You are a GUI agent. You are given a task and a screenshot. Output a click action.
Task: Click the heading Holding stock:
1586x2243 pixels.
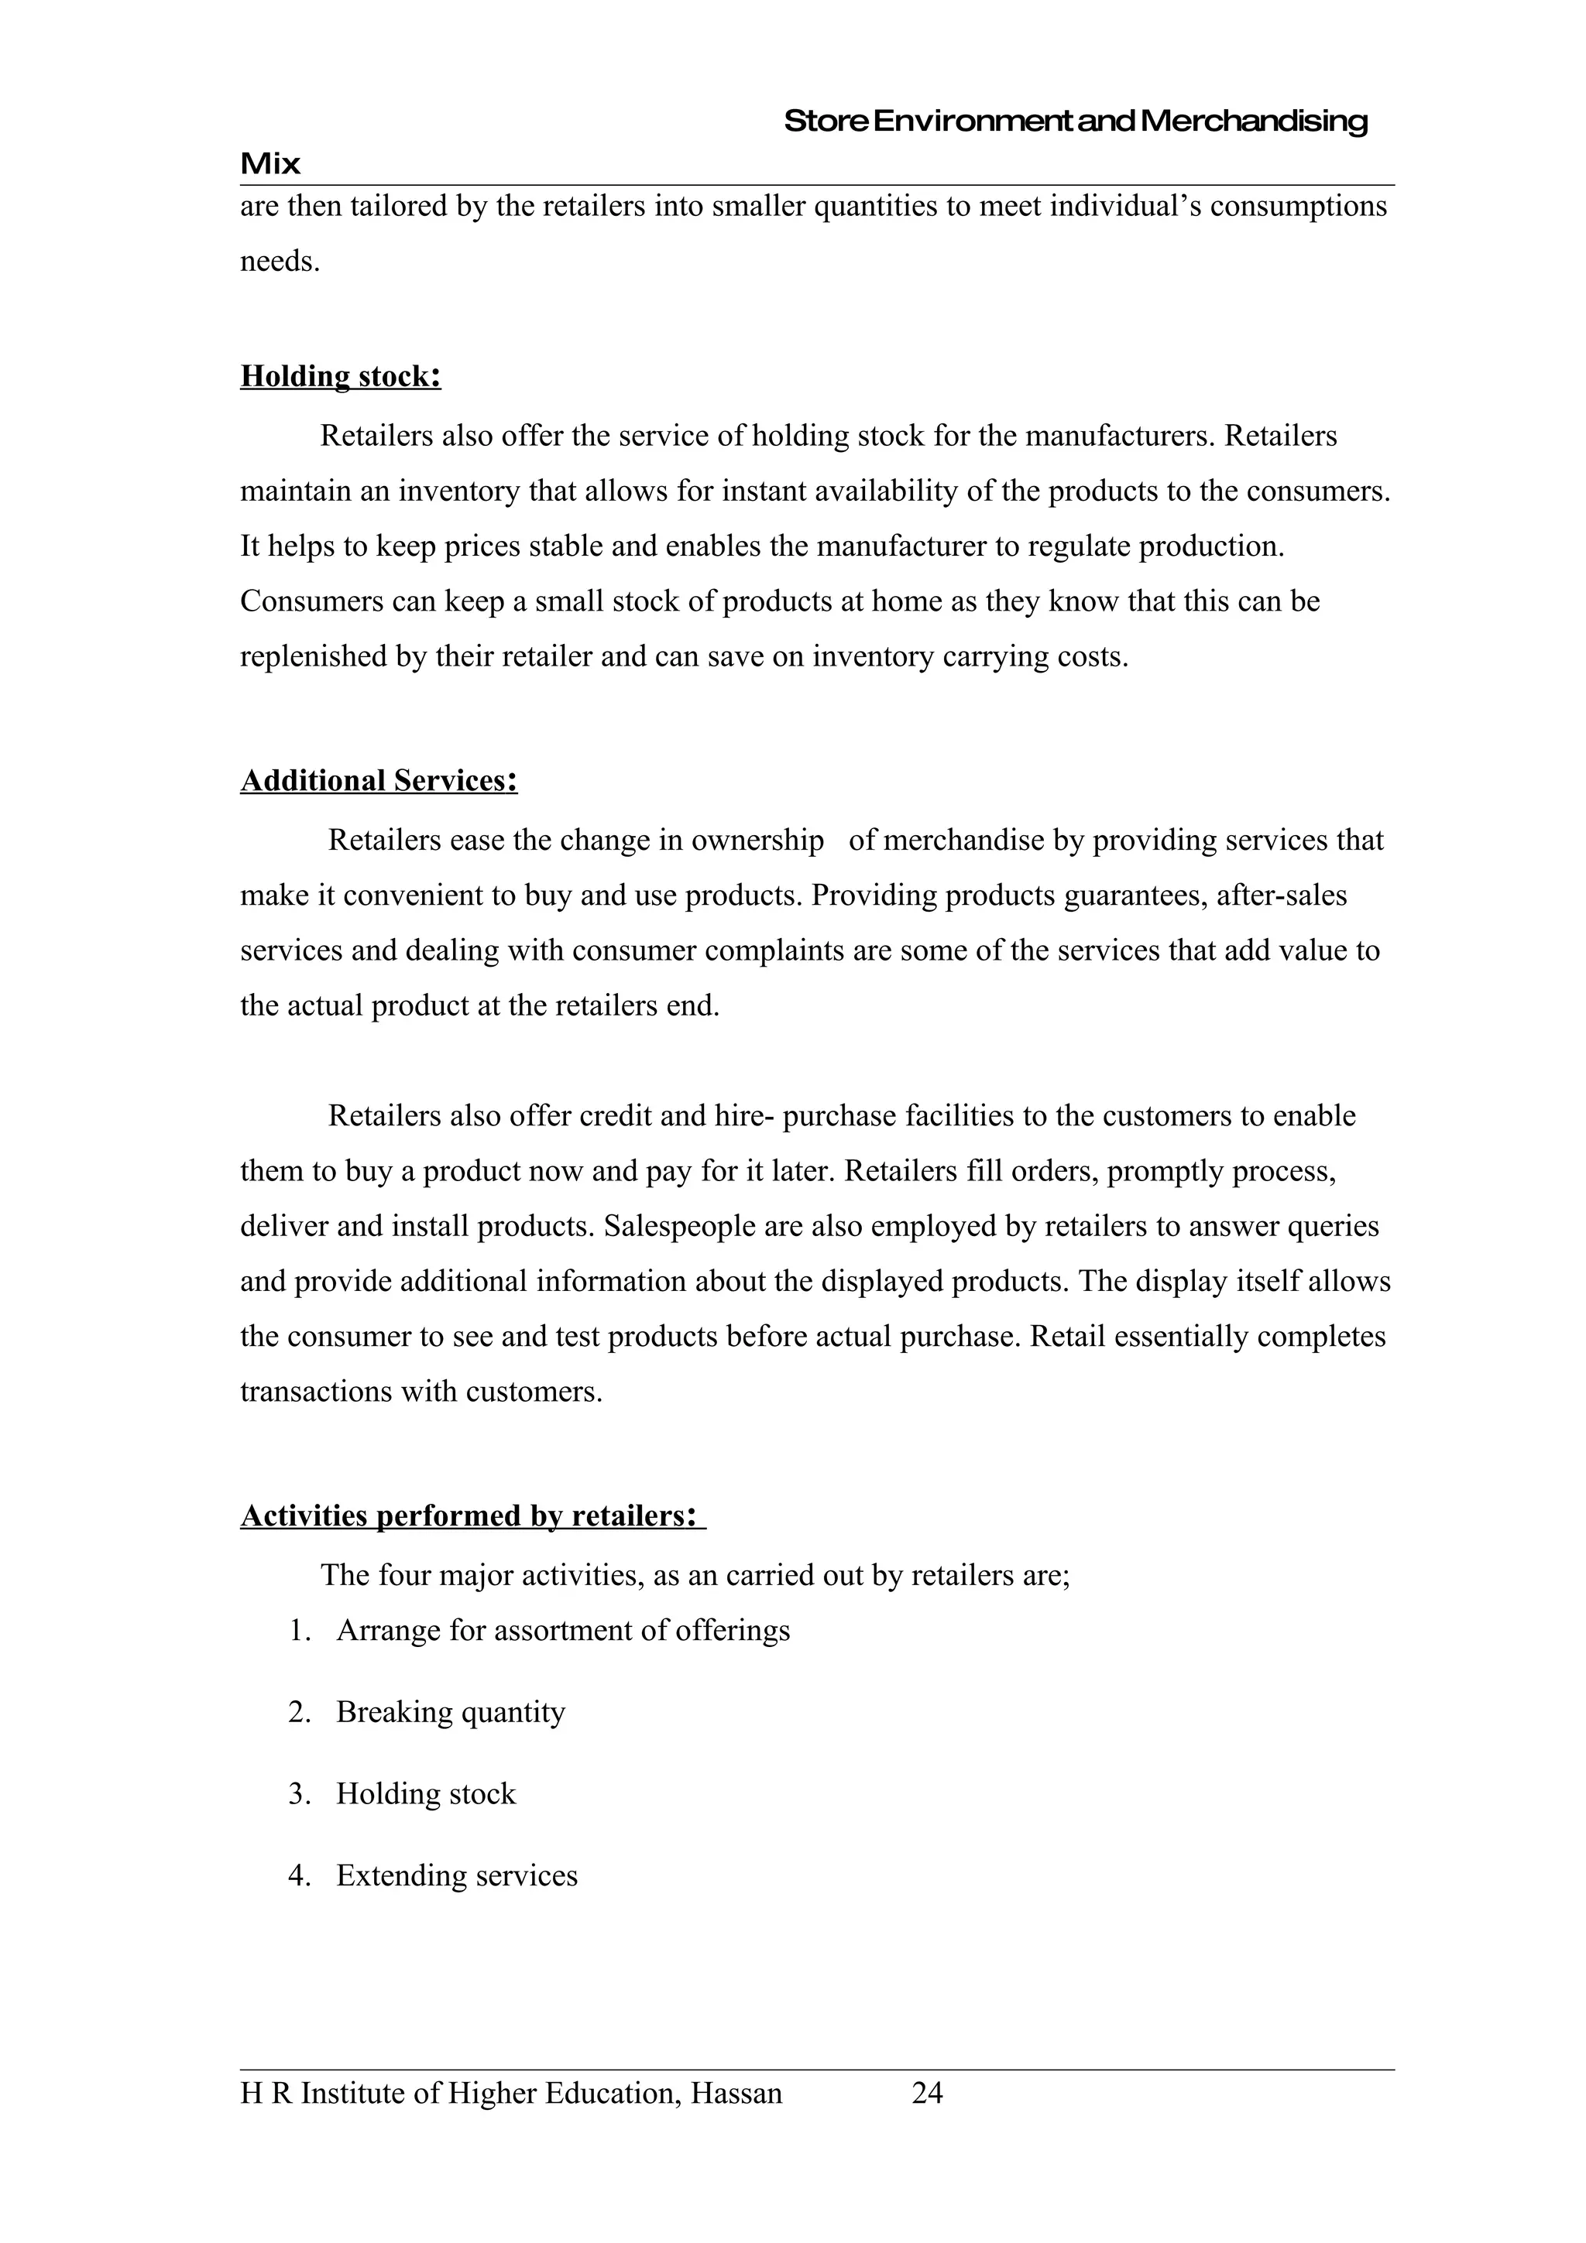(x=340, y=376)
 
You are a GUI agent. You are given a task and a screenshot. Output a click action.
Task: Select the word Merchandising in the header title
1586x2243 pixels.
(x=1254, y=122)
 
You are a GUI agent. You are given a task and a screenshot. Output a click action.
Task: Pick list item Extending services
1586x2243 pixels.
(x=456, y=1875)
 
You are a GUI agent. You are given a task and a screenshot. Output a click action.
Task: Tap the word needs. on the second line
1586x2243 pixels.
(x=280, y=262)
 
